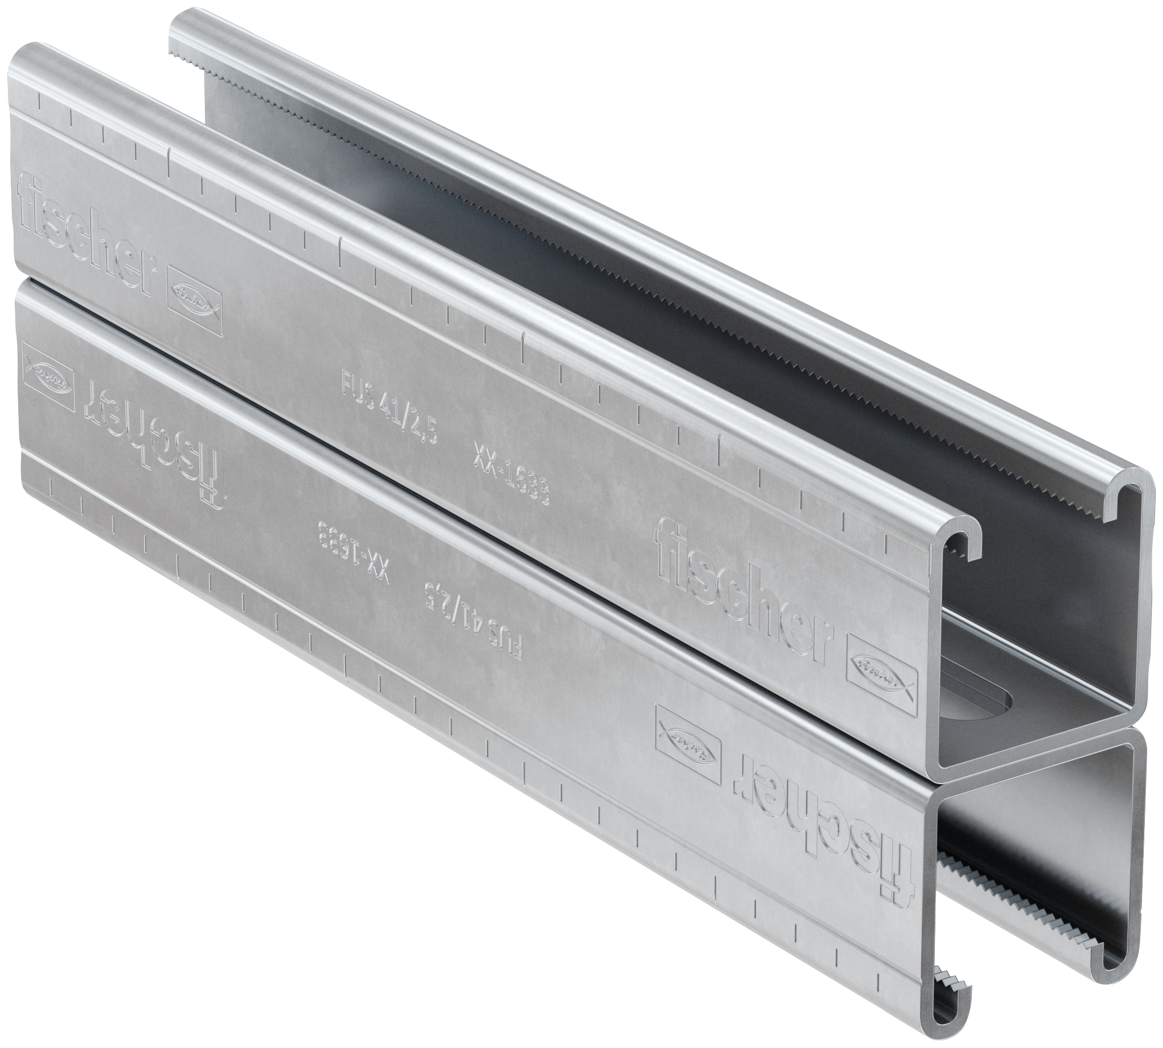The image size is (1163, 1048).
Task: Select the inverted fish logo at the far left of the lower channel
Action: (49, 372)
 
